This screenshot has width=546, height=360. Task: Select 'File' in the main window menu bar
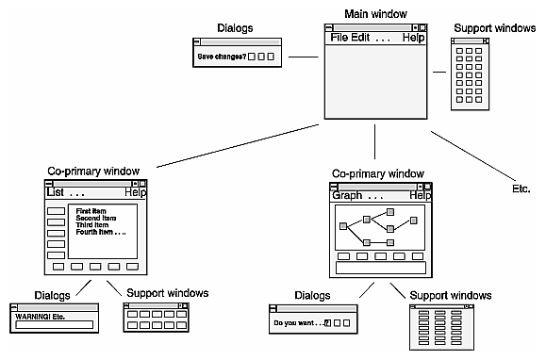coord(338,38)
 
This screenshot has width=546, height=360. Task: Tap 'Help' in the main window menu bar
coord(414,38)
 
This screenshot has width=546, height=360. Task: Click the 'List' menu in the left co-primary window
coord(56,192)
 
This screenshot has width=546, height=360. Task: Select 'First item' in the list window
coord(92,211)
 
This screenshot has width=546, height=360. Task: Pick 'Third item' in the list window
coord(92,225)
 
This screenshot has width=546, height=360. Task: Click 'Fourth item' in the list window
coord(96,233)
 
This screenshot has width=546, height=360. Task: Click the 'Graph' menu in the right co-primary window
coord(348,196)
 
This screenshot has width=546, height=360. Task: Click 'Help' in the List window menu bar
coord(136,192)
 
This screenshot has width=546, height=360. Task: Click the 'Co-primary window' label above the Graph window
coord(377,173)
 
